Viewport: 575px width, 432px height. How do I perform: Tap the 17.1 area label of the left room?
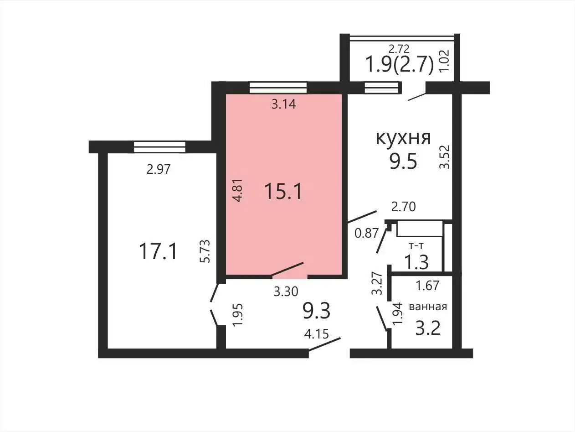tap(158, 251)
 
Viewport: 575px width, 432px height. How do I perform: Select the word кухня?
tap(403, 137)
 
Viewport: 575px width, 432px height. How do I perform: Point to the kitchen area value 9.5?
tap(403, 161)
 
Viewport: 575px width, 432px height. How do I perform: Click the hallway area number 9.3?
tap(316, 311)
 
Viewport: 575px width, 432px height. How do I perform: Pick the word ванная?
tap(428, 307)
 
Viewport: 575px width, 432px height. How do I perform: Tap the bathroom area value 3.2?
tap(428, 328)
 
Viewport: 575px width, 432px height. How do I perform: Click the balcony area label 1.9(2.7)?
tap(399, 64)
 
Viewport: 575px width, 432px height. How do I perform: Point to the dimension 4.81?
tap(236, 190)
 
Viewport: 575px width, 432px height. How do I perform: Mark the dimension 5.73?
tap(205, 251)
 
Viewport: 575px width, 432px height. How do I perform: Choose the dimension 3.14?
tap(284, 104)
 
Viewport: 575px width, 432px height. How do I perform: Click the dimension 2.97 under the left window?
tap(158, 170)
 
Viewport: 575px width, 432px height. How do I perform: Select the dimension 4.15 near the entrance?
tap(316, 334)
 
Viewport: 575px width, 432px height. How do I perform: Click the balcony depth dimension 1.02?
tap(444, 62)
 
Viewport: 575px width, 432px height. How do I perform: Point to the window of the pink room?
tap(278, 88)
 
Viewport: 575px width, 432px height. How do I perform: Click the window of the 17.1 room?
tap(159, 147)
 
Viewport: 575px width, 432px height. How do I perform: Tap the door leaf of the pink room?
tap(287, 269)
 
